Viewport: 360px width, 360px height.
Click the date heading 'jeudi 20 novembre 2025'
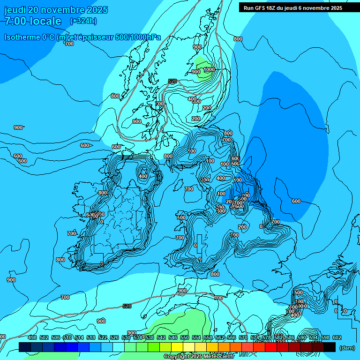point(56,10)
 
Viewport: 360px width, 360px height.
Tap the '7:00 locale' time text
point(33,21)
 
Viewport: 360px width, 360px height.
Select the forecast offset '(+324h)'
point(83,21)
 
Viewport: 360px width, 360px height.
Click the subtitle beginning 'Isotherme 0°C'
point(82,37)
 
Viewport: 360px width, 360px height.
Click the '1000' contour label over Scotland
point(209,69)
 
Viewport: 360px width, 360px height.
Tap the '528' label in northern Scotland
point(172,81)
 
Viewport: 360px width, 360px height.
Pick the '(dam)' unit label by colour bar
point(347,347)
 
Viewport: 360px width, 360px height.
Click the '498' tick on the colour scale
point(32,337)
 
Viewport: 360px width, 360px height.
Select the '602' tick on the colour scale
point(337,337)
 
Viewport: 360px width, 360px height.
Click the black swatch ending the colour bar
point(330,347)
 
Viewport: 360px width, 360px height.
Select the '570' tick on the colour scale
point(243,337)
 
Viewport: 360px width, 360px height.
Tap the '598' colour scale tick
point(325,337)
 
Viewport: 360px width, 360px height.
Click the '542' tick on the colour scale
point(161,337)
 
